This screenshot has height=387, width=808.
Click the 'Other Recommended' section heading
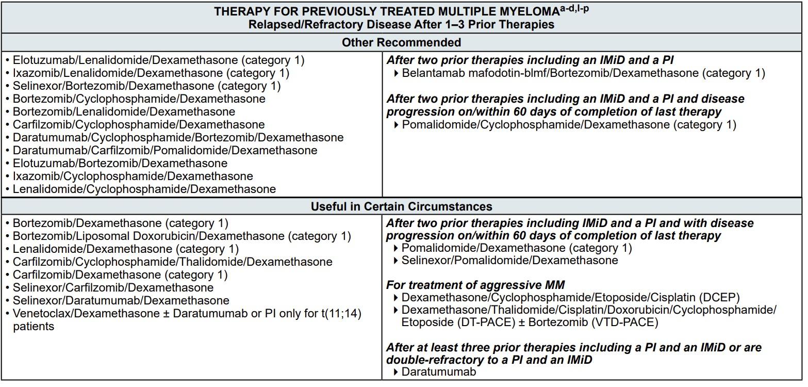point(401,42)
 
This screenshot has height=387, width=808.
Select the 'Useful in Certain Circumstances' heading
point(401,206)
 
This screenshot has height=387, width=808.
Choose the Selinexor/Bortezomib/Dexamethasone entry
point(146,86)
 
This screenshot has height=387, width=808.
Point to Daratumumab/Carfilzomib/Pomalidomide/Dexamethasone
point(164,151)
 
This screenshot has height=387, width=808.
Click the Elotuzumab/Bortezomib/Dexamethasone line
point(120,164)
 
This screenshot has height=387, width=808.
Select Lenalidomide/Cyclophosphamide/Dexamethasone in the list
point(144,189)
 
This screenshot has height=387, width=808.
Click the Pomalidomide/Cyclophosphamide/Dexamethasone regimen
point(569,125)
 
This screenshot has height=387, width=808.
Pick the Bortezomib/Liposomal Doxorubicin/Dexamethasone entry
point(182,236)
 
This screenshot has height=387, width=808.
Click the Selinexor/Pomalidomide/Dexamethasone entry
point(509,261)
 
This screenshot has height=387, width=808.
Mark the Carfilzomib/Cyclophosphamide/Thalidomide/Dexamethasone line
point(172,262)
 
